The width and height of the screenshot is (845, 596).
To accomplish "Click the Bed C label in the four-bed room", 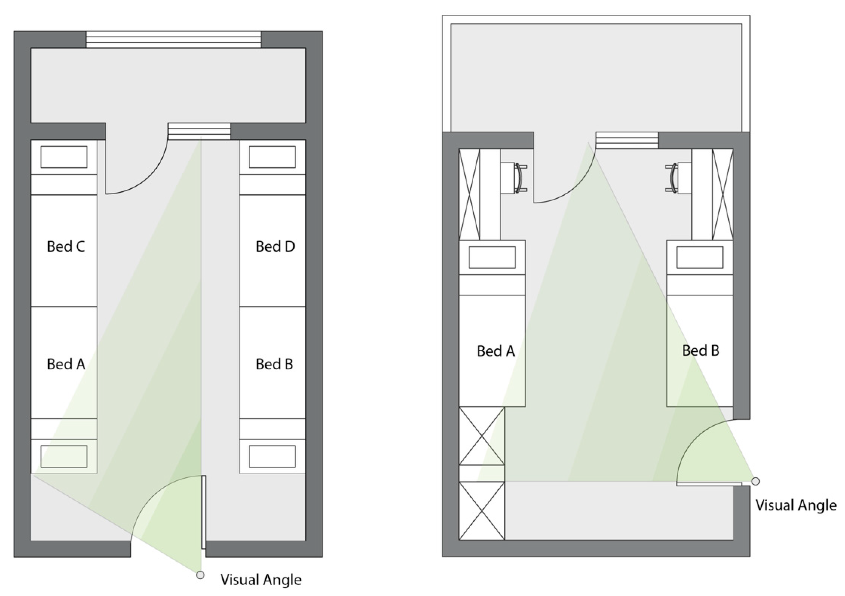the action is [66, 246].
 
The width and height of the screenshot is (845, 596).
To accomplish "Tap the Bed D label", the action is [275, 246].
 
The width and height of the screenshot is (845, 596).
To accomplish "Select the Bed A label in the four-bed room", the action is [66, 364].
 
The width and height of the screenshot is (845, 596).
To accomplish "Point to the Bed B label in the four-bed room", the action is [274, 364].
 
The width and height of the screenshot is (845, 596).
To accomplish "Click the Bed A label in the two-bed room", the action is [495, 351].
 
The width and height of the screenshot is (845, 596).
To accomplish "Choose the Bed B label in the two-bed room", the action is [700, 351].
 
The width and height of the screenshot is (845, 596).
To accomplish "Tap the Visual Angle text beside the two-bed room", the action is [796, 505].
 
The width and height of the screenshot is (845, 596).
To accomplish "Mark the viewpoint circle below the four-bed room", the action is [200, 575].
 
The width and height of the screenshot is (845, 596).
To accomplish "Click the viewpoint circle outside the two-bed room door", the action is [755, 481].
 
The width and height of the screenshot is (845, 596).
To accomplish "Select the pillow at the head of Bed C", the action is [64, 157].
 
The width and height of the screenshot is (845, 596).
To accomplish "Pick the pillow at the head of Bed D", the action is [272, 157].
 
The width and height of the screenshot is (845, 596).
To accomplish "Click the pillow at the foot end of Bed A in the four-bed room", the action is [64, 456].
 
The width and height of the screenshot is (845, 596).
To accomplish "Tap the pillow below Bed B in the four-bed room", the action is [272, 456].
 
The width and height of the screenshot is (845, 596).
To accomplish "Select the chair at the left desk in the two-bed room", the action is [519, 178].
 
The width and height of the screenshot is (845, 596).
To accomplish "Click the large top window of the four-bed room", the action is [173, 39].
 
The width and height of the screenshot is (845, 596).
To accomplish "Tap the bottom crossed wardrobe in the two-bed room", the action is [481, 511].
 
